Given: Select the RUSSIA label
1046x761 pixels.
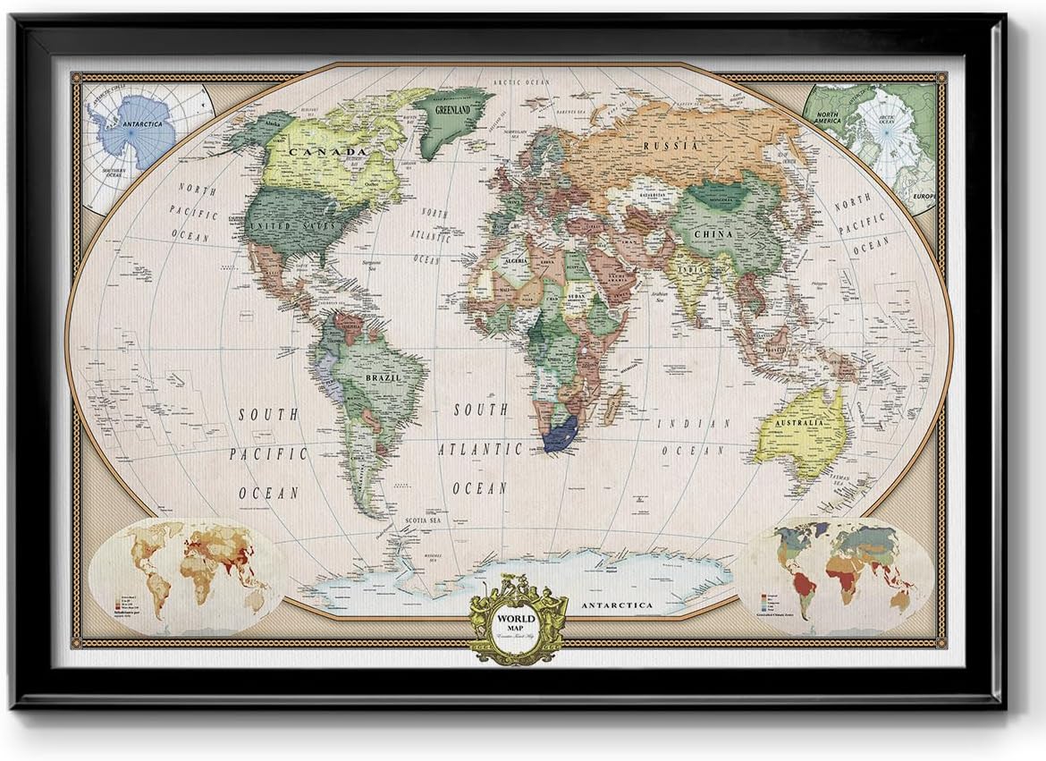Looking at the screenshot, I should pos(672,146).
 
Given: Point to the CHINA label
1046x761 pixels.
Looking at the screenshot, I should pos(714,234).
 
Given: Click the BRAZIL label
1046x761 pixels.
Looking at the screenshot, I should pos(382,378).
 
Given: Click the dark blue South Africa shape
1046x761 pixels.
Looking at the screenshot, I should pos(560,435).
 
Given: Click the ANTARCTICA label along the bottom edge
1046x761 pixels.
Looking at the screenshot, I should pos(617,605).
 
